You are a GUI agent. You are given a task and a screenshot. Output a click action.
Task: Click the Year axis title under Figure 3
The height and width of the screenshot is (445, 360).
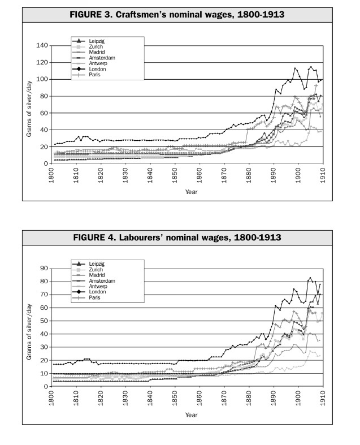190,191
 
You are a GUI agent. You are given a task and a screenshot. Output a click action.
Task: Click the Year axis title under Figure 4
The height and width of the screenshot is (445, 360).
190,415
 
